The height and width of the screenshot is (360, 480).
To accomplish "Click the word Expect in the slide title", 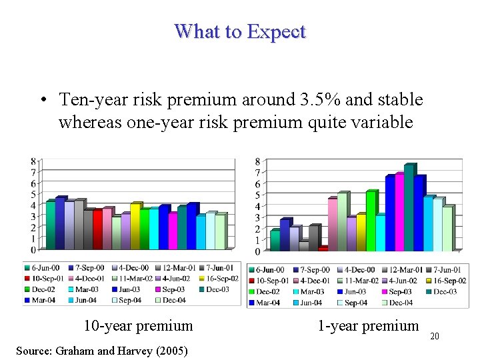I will [x=275, y=32].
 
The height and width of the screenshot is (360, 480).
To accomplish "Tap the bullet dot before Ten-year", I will [x=43, y=101].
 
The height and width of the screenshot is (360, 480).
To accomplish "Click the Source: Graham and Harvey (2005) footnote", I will [x=102, y=351].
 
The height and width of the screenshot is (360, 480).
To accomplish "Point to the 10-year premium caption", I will [x=138, y=326].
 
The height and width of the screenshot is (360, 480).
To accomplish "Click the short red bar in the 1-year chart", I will [x=323, y=249].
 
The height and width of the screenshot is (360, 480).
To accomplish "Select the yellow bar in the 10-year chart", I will [x=135, y=225].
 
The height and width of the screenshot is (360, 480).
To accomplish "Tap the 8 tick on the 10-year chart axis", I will [x=33, y=161].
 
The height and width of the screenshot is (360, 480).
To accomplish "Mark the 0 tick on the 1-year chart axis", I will [x=258, y=251].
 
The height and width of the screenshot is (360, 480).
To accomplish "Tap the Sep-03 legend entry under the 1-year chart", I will [x=397, y=291].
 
